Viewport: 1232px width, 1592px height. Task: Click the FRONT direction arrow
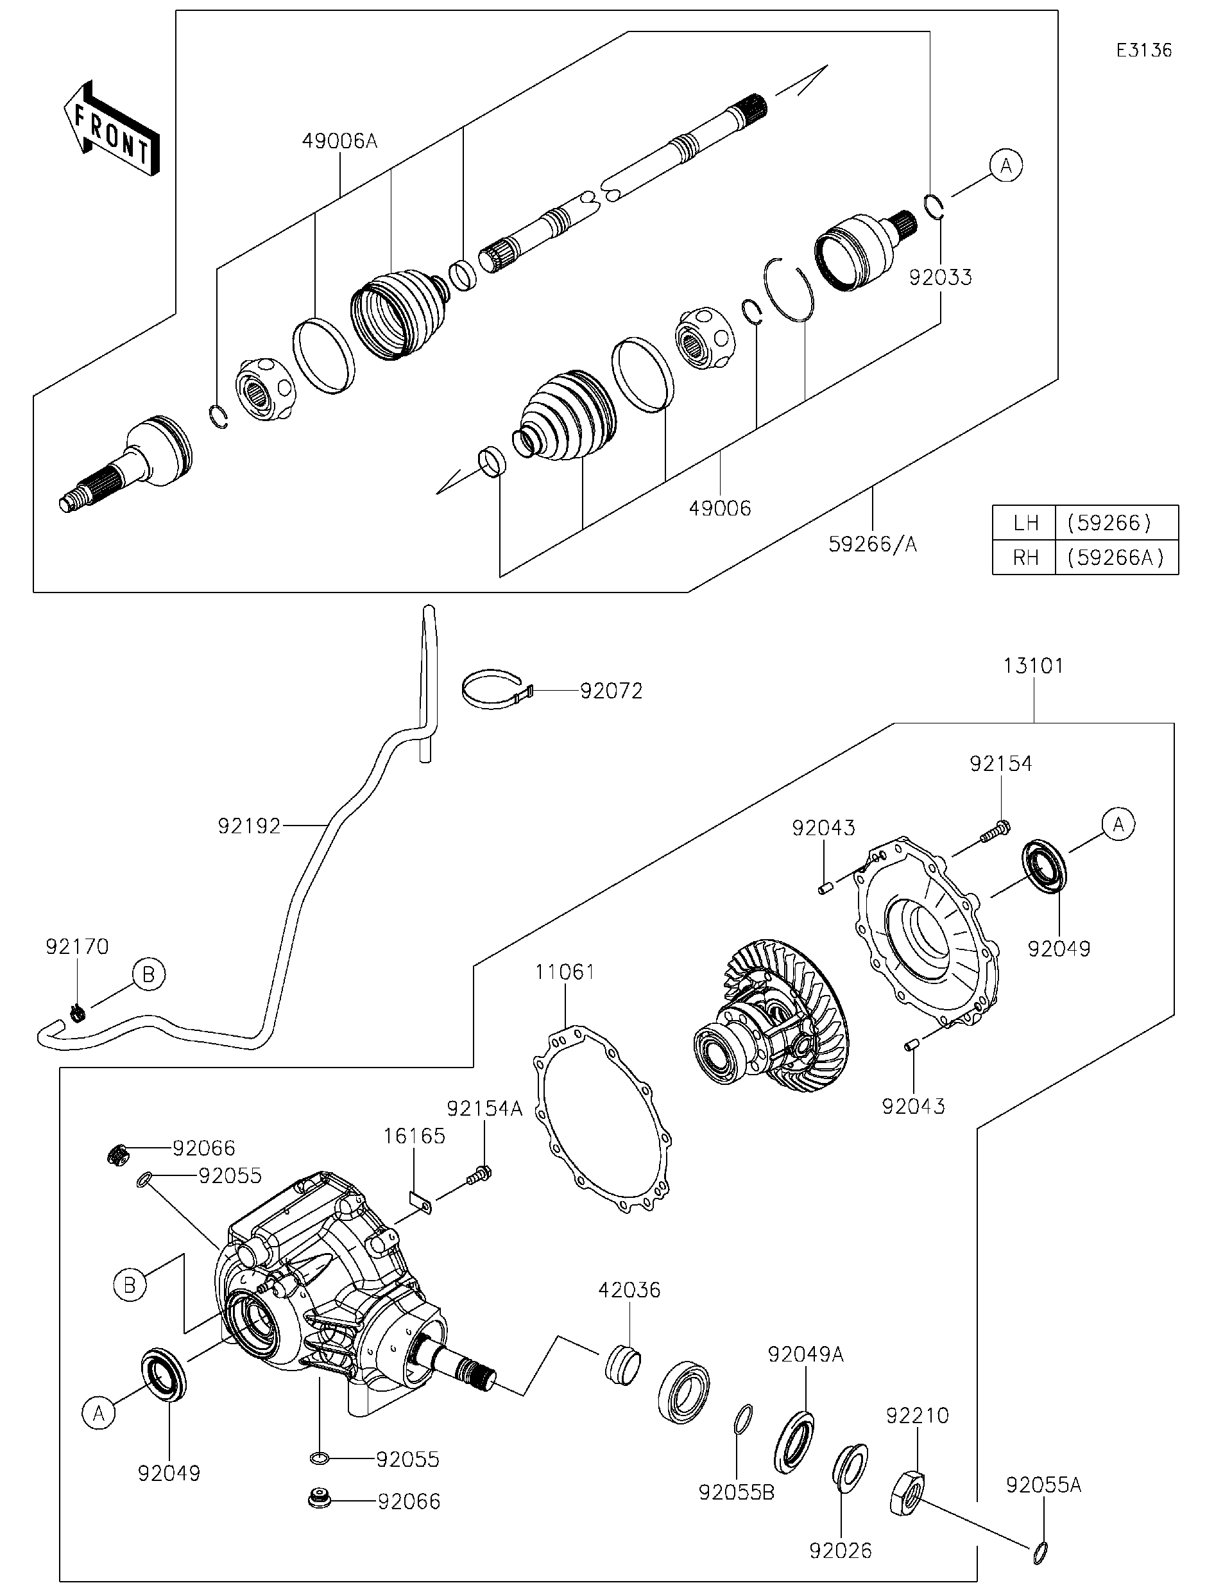pos(112,130)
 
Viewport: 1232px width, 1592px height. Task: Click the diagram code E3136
pos(1144,50)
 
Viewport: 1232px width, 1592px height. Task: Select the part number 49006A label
pos(339,141)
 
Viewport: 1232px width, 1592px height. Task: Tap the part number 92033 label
pos(940,277)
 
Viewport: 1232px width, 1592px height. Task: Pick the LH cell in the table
pos(1024,523)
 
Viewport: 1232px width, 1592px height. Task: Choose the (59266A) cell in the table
pos(1115,558)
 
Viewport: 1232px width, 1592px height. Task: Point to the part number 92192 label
pos(249,826)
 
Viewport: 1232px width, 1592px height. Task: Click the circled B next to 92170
pos(149,974)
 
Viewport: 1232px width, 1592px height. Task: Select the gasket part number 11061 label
pos(565,972)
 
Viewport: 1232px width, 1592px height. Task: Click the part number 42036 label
pos(629,1290)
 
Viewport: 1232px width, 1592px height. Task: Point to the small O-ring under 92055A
pos(1042,1553)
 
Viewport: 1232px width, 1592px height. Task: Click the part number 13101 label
pos(1033,666)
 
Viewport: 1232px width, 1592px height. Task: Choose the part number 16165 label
pos(414,1136)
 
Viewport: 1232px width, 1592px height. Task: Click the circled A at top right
pos(1006,166)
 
